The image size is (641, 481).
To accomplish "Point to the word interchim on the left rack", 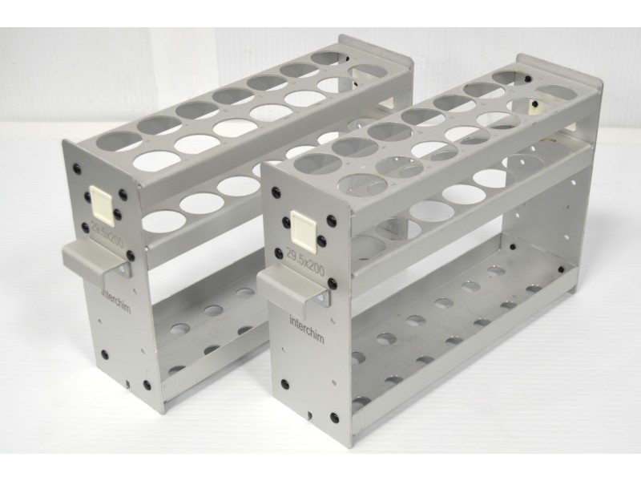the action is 115,300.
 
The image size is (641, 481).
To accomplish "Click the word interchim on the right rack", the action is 307,329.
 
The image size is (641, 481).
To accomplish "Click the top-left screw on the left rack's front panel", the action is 76,168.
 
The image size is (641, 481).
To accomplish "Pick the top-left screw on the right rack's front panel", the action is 276,192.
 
